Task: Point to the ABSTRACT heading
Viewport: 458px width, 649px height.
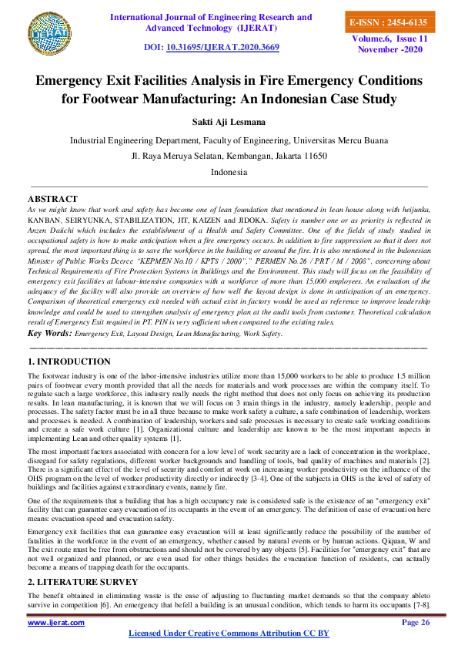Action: click(x=52, y=199)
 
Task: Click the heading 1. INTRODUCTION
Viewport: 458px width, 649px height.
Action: click(x=69, y=361)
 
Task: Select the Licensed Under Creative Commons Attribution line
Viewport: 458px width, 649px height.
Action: click(x=229, y=634)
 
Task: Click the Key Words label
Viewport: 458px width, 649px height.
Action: click(x=48, y=334)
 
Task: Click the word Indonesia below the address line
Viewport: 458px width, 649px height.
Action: click(x=229, y=172)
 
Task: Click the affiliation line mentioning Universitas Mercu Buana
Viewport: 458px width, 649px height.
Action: click(x=229, y=140)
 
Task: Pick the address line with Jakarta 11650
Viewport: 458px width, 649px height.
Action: click(x=229, y=156)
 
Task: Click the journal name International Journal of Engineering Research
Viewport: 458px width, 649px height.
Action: click(x=211, y=17)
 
